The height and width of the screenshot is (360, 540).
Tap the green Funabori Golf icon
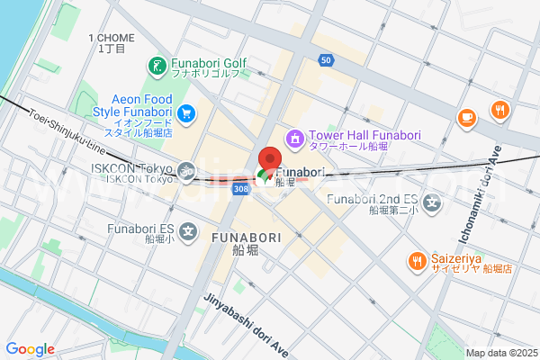(156, 66)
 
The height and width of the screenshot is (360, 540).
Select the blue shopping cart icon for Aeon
(186, 113)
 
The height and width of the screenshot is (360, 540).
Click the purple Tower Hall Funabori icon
(294, 139)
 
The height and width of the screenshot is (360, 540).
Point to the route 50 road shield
(327, 59)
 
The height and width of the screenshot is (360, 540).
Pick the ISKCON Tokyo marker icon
(187, 168)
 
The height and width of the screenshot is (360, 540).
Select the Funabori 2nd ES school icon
(434, 204)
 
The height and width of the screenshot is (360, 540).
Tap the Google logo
(30, 349)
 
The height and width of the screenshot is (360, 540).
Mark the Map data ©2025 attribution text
(501, 353)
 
